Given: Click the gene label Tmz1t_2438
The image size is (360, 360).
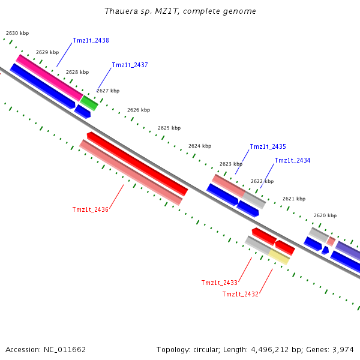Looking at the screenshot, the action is pyautogui.click(x=91, y=41).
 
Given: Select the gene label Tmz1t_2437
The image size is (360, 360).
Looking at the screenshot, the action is pyautogui.click(x=130, y=65).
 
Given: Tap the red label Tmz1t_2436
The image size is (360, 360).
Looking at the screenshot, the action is pyautogui.click(x=90, y=209).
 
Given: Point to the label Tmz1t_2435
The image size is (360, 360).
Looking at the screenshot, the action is pyautogui.click(x=268, y=147).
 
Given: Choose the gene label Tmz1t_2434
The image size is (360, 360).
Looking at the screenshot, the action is pyautogui.click(x=292, y=161).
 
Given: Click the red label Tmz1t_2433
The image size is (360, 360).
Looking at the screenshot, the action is pyautogui.click(x=219, y=283).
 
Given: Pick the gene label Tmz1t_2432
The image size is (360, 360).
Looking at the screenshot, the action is pyautogui.click(x=240, y=294).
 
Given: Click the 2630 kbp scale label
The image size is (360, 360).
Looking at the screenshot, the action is pyautogui.click(x=17, y=34).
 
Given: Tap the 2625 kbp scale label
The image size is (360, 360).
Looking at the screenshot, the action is pyautogui.click(x=169, y=128).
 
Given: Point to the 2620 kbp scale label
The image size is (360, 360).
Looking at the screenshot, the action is pyautogui.click(x=325, y=215).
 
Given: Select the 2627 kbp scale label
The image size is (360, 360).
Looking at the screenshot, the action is pyautogui.click(x=108, y=91).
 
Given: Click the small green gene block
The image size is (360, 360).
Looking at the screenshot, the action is pyautogui.click(x=89, y=103).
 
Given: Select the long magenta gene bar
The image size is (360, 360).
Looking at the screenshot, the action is pyautogui.click(x=49, y=77).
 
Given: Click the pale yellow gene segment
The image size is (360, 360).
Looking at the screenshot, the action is pyautogui.click(x=278, y=257).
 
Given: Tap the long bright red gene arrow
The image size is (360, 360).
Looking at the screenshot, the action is pyautogui.click(x=137, y=164).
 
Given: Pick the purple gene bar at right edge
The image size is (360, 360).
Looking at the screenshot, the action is pyautogui.click(x=348, y=250).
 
